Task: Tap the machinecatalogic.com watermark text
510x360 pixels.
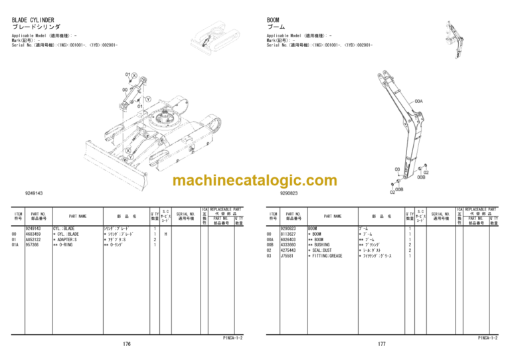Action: click(255, 181)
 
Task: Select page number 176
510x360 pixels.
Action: click(126, 344)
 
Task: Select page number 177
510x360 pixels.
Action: click(381, 344)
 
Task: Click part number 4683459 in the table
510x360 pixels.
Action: click(33, 234)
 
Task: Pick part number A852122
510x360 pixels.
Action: click(33, 239)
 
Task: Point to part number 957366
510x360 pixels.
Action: click(31, 244)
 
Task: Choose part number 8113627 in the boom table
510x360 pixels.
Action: click(288, 234)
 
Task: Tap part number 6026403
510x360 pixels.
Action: click(288, 239)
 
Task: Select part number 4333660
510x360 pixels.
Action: click(288, 244)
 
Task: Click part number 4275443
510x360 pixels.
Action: click(288, 250)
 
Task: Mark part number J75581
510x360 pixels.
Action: click(287, 255)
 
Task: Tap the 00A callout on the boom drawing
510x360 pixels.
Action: click(418, 102)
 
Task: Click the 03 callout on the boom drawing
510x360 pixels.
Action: click(397, 169)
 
